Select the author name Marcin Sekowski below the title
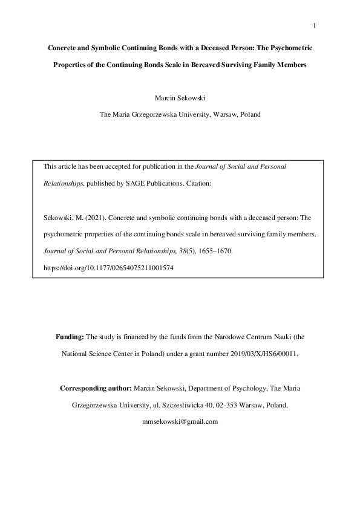pyautogui.click(x=180, y=97)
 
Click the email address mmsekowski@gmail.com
pyautogui.click(x=180, y=421)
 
